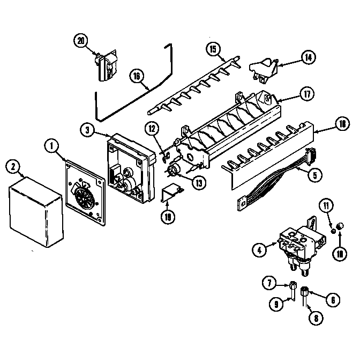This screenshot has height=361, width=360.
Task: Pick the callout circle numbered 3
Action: [x=87, y=129]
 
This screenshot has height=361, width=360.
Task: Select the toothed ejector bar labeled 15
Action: [x=193, y=86]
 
